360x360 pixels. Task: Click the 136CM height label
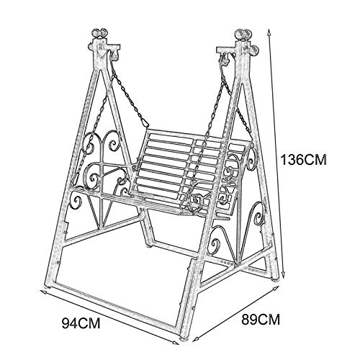click(304, 160)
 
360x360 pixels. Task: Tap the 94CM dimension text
click(81, 323)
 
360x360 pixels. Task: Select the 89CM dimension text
click(261, 320)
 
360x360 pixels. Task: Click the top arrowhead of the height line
click(269, 31)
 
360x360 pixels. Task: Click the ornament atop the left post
click(100, 33)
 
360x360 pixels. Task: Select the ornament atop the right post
click(243, 34)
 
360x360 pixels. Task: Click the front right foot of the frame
click(184, 338)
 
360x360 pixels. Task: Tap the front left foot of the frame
click(49, 287)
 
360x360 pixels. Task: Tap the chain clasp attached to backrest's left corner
click(145, 122)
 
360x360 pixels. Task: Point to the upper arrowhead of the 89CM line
click(276, 289)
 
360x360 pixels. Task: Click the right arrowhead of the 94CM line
click(176, 343)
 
